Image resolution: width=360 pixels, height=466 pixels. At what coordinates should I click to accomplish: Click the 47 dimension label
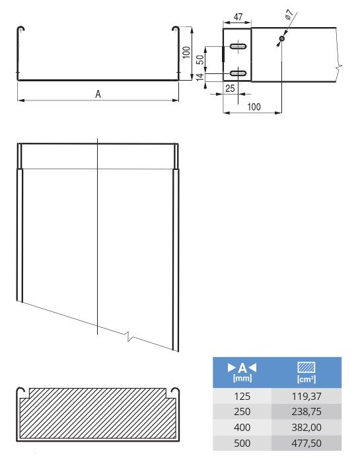[238, 17]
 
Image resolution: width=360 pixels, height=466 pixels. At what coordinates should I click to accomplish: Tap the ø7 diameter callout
[289, 15]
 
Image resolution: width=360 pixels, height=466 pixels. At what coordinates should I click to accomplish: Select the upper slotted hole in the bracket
[238, 46]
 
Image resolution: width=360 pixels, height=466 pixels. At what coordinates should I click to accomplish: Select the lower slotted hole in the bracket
[238, 73]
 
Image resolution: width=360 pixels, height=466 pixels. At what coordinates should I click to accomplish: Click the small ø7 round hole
[282, 38]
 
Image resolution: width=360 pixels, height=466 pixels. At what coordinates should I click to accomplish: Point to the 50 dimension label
[201, 59]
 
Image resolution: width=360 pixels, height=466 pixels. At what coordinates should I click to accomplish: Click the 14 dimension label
[201, 77]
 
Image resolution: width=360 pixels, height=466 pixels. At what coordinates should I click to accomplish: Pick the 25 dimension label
[230, 89]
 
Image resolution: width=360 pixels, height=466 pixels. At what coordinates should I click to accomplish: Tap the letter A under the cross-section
[98, 95]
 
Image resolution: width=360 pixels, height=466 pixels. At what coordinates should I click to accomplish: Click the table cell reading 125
[242, 396]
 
